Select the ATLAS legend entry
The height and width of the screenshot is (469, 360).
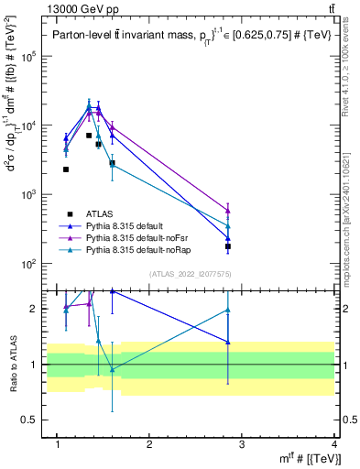click(100, 213)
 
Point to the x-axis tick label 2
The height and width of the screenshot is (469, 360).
click(150, 444)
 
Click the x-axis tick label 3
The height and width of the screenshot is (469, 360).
click(242, 444)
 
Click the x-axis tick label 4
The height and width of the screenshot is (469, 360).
click(333, 444)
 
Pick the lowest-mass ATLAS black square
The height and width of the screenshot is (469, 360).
click(66, 169)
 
